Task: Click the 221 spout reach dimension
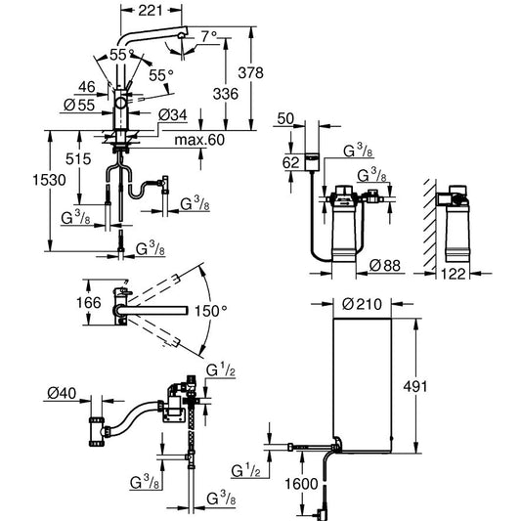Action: tap(151, 11)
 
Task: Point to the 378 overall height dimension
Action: tap(251, 72)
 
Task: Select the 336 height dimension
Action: tap(226, 94)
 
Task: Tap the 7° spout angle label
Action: tap(209, 36)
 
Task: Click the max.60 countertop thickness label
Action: tap(199, 140)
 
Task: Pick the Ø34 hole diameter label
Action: tap(173, 115)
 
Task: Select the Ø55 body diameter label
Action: tap(79, 106)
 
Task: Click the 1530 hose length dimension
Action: tap(49, 180)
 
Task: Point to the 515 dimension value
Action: tap(78, 159)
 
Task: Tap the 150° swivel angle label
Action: tap(211, 312)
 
